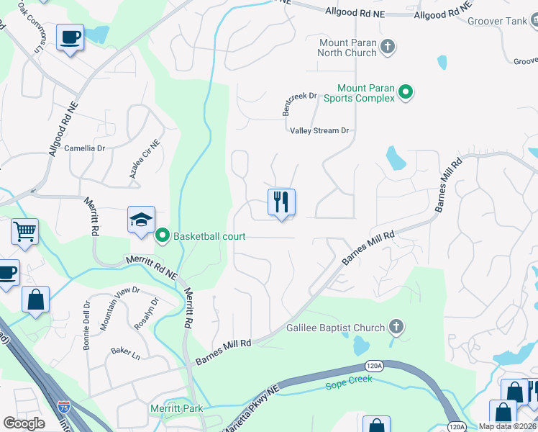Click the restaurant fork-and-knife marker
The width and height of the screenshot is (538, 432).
click(x=281, y=202)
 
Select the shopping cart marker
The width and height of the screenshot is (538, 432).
click(x=24, y=232)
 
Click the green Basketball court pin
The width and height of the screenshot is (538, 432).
click(x=163, y=235)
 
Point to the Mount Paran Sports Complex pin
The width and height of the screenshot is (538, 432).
click(x=406, y=92)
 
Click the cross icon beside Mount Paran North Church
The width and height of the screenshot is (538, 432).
click(x=388, y=48)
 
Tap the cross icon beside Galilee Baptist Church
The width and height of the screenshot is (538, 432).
click(x=396, y=328)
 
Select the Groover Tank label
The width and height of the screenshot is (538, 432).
click(x=497, y=21)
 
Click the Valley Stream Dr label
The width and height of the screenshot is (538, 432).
click(x=319, y=131)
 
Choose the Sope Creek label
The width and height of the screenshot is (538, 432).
click(x=350, y=379)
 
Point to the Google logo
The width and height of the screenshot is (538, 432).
click(x=24, y=423)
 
